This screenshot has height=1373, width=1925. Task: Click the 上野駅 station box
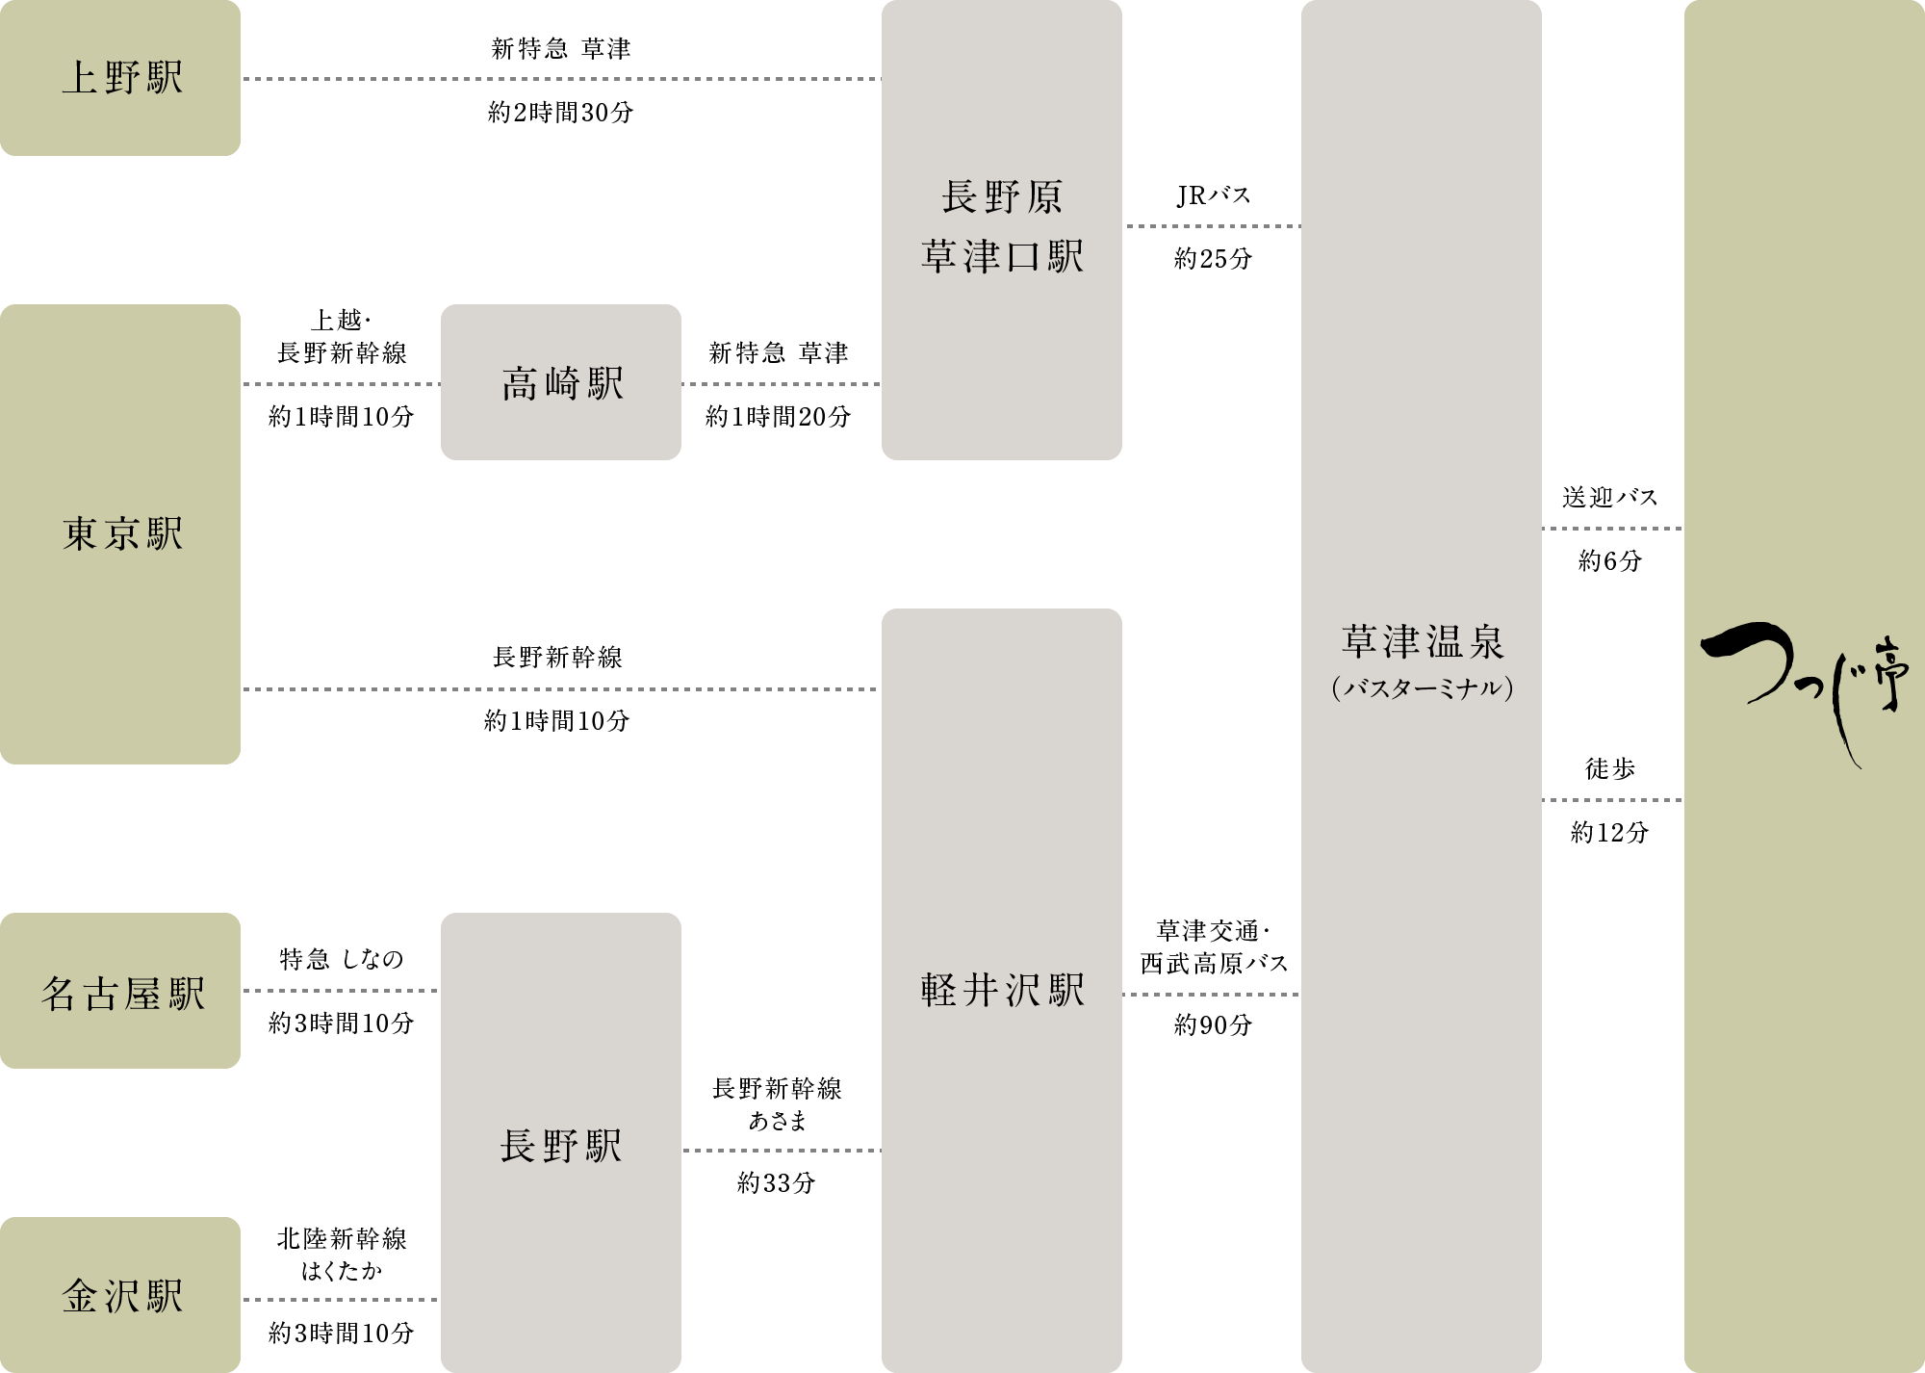click(120, 78)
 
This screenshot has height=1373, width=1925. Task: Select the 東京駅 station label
click(121, 534)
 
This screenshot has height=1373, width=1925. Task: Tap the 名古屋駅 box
click(121, 993)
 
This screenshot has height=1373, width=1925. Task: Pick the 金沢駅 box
click(121, 1295)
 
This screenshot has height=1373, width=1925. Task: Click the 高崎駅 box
click(562, 383)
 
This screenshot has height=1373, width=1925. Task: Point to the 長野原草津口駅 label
click(1002, 227)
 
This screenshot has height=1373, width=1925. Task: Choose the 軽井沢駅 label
click(1002, 990)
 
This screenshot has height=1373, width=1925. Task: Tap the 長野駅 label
click(561, 1146)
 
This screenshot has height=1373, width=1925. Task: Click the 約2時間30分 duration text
click(560, 113)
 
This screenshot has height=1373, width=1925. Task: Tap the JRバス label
click(1213, 195)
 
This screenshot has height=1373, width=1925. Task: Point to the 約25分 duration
click(1213, 258)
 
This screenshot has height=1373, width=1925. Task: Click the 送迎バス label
click(1609, 497)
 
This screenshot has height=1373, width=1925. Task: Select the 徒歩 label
click(1609, 768)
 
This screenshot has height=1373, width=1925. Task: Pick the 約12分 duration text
click(1609, 832)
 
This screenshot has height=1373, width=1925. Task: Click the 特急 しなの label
click(341, 959)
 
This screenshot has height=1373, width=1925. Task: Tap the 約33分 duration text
click(776, 1182)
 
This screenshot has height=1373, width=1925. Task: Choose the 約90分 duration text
click(1213, 1024)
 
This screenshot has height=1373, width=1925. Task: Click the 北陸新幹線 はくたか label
click(341, 1255)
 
